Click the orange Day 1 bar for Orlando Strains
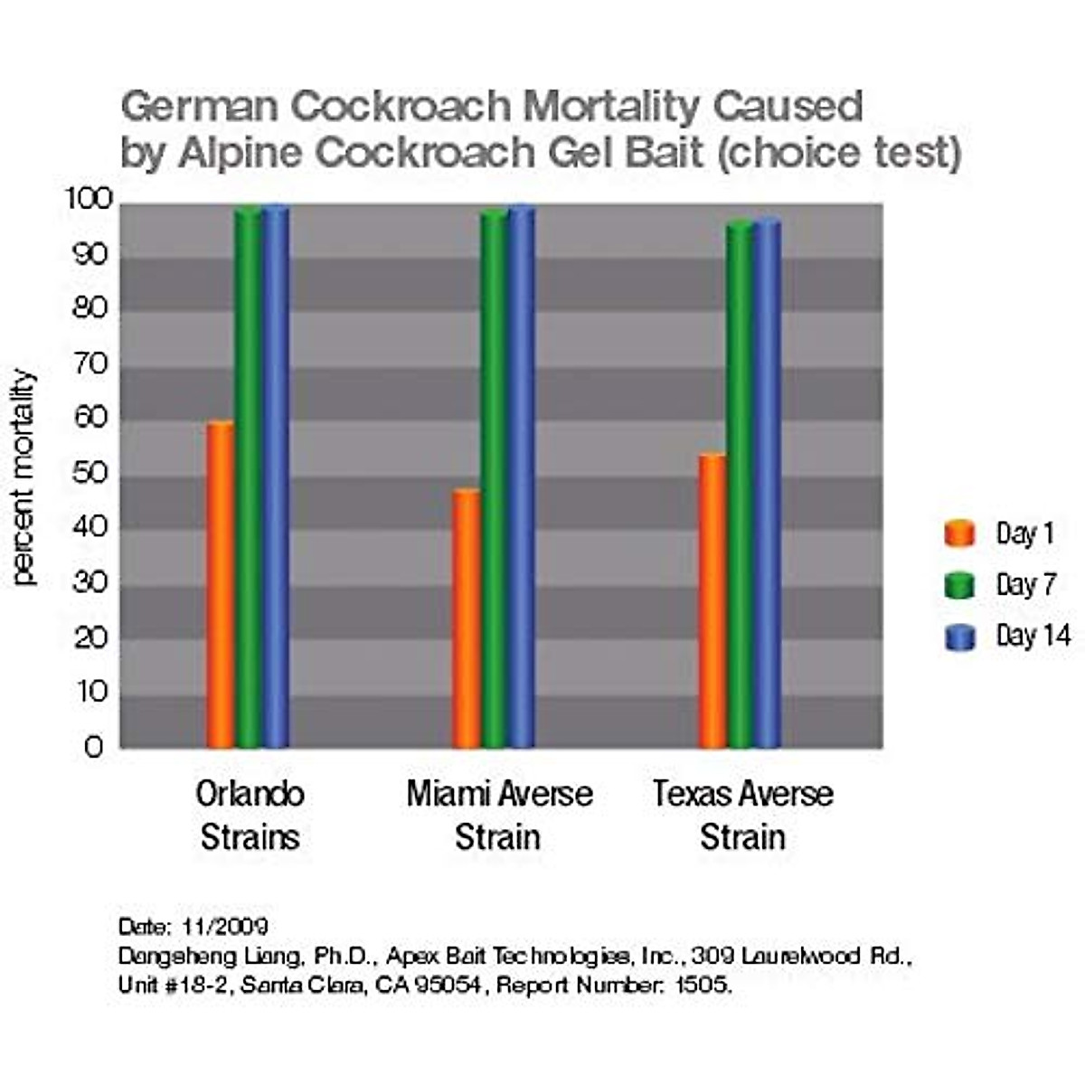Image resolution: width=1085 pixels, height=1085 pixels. pos(220,585)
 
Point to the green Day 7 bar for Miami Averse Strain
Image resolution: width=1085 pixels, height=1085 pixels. pos(494,479)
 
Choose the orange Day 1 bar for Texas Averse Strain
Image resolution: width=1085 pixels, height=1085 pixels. pos(712,601)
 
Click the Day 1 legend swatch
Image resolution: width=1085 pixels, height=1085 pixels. pos(959,533)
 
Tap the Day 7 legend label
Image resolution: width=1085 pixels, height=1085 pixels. pos(1025,585)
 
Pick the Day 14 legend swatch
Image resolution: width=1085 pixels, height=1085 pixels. pos(959,637)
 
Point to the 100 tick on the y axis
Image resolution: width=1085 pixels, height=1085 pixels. pos(88,200)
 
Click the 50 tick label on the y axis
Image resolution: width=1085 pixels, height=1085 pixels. pos(90,473)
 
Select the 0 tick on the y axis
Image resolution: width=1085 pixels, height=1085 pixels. pos(94,747)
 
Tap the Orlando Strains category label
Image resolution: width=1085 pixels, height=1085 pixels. pos(250,815)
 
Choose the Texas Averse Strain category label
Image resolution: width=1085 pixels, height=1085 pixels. pos(742,815)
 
